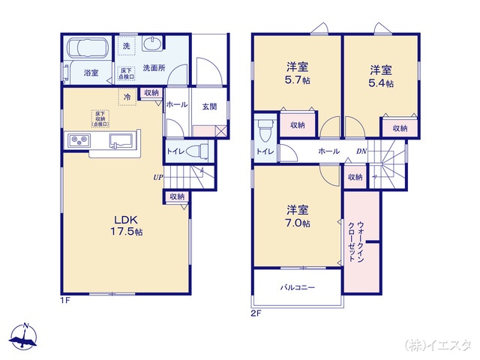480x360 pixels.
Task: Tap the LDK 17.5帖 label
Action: [x=124, y=224]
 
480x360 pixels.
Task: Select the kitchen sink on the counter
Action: [x=121, y=140]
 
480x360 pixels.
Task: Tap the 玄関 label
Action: [x=209, y=106]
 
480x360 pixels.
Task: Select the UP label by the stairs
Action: [x=158, y=178]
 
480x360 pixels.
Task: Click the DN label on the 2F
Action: [x=361, y=151]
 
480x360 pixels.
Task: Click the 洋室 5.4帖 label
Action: [x=381, y=75]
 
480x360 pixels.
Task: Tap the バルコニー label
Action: [x=298, y=287]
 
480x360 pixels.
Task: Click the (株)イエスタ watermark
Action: [x=438, y=345]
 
